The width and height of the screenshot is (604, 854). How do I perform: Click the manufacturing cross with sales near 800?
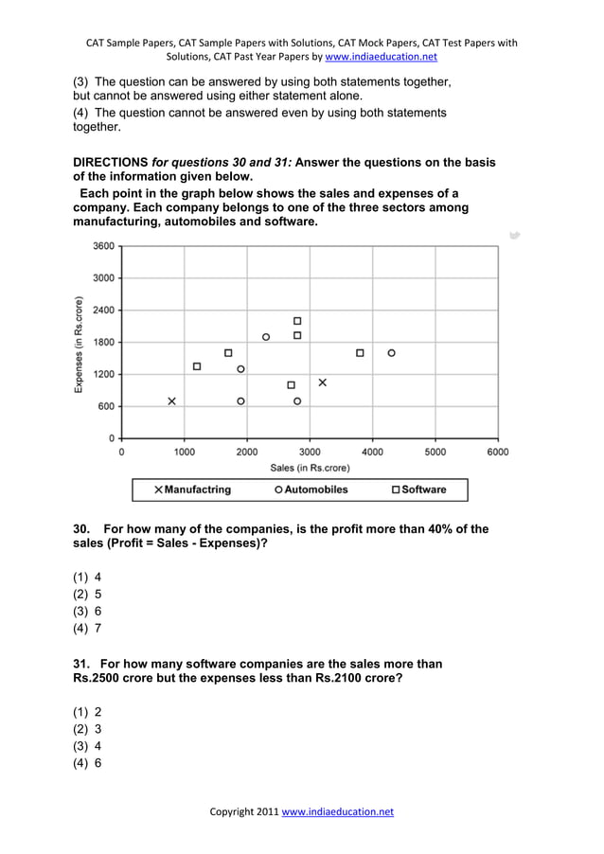(x=171, y=401)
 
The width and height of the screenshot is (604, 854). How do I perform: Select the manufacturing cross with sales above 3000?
(x=322, y=383)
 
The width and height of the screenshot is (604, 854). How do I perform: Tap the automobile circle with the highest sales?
(x=391, y=353)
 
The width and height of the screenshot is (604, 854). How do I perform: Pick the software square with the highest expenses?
(x=297, y=321)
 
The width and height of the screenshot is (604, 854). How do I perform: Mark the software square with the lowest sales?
(x=197, y=366)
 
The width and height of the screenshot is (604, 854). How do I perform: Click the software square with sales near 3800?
(x=360, y=353)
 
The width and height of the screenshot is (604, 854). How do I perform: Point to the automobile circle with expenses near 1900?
(x=266, y=337)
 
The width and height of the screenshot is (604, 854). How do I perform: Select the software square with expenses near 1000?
(x=291, y=385)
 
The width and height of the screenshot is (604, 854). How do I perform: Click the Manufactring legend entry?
(x=192, y=489)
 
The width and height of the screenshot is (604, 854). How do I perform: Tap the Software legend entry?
(x=417, y=489)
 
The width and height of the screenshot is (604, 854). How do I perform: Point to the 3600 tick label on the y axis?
(x=103, y=246)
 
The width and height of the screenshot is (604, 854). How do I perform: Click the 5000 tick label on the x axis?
(x=435, y=453)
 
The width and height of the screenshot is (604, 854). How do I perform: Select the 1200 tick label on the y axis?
(x=103, y=375)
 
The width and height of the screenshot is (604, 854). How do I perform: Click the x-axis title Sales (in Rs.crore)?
(x=310, y=468)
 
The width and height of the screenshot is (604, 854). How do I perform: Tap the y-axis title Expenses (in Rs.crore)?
(x=80, y=345)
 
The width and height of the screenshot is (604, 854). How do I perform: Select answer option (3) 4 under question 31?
(x=87, y=745)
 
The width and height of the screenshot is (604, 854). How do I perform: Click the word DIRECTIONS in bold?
(x=111, y=163)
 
